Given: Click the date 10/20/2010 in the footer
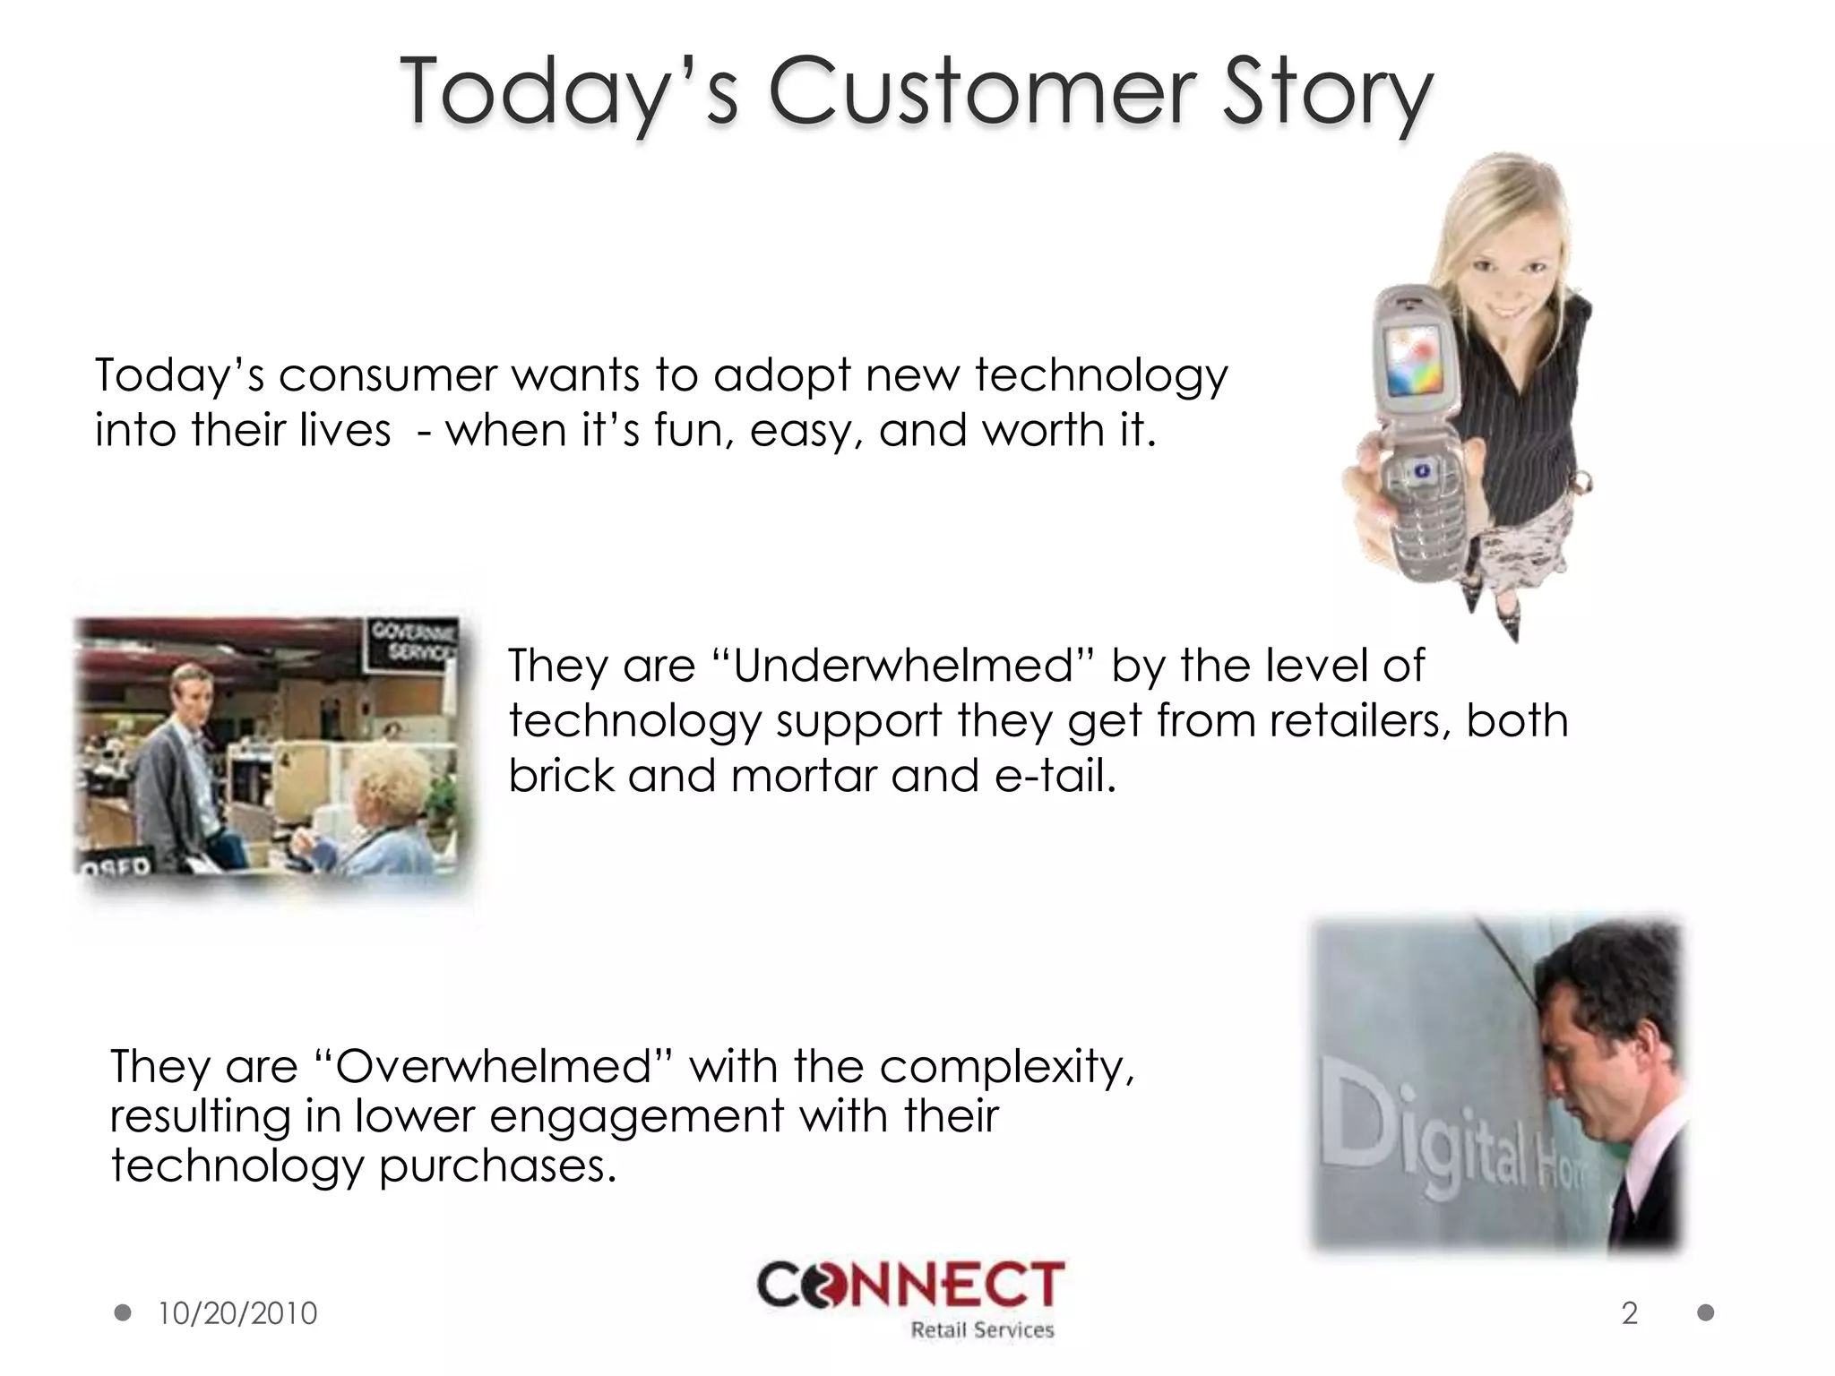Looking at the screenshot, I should coord(237,1313).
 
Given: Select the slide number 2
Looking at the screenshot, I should coord(1630,1313).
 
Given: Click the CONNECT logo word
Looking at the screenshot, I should coord(911,1286).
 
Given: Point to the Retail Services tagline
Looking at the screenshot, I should coord(982,1330).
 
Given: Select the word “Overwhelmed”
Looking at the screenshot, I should coord(494,1066).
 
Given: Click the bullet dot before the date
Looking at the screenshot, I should coord(124,1313).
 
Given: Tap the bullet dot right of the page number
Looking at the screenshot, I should coord(1706,1313).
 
